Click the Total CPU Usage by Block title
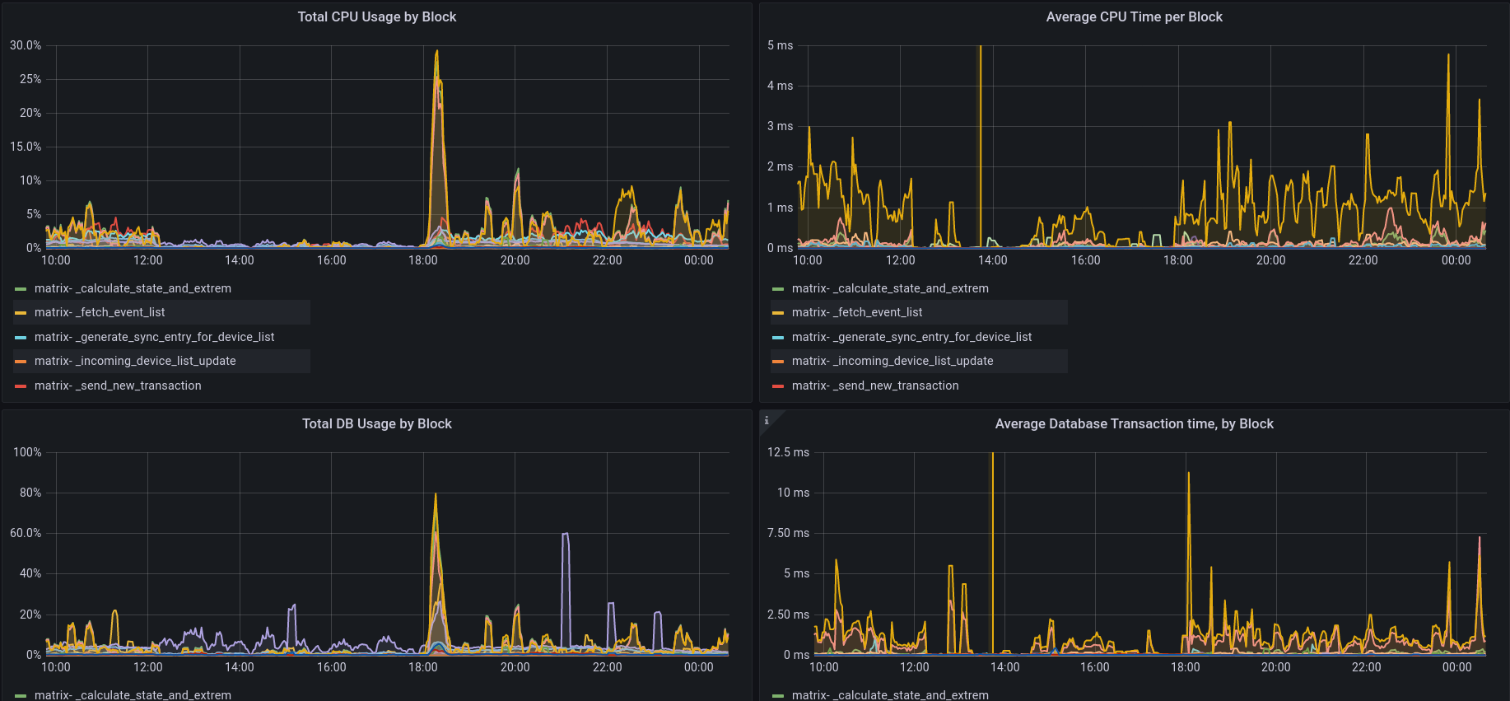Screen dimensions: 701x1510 (x=376, y=16)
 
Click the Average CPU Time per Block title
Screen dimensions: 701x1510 (x=1134, y=16)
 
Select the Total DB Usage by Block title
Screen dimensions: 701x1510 (x=376, y=423)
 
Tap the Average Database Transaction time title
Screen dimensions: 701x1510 (x=1134, y=423)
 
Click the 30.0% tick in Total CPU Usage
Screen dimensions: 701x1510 (x=26, y=45)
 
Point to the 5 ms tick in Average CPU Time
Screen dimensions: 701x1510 (x=780, y=45)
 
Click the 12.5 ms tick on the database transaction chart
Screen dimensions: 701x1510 (x=788, y=452)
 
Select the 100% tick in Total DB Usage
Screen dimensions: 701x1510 (x=27, y=452)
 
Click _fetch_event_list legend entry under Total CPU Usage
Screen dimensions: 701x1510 (x=100, y=312)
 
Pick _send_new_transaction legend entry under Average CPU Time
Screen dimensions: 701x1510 (x=874, y=386)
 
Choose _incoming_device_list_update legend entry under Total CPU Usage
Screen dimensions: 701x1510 (x=135, y=361)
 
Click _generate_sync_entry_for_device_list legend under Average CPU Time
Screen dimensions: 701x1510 (x=911, y=337)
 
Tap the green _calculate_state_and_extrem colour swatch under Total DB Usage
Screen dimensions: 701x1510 (x=21, y=695)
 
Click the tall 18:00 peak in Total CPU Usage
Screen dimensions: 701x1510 (x=436, y=53)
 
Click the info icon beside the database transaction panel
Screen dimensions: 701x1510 (x=767, y=420)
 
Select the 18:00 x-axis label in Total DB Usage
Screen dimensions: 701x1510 (x=423, y=667)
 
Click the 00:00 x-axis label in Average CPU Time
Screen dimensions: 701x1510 (x=1456, y=260)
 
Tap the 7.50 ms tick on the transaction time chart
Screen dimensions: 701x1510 (x=788, y=533)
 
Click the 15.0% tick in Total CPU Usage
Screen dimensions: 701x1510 (x=26, y=147)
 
